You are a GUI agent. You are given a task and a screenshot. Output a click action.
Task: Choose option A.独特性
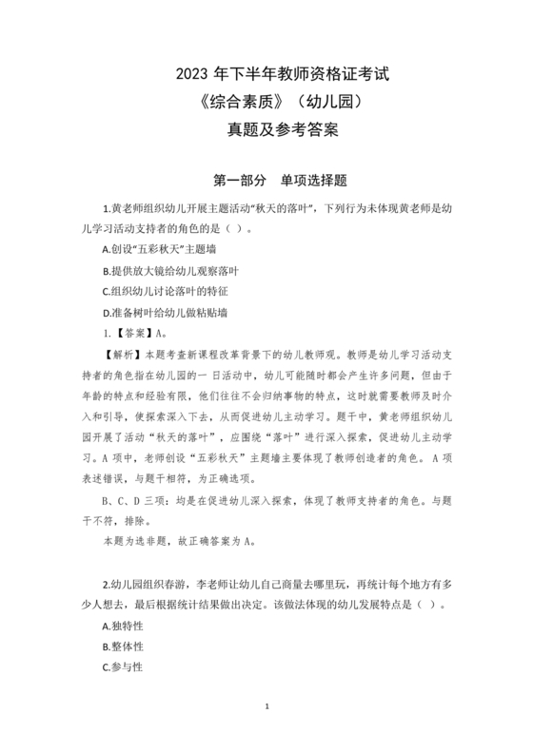click(x=122, y=626)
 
